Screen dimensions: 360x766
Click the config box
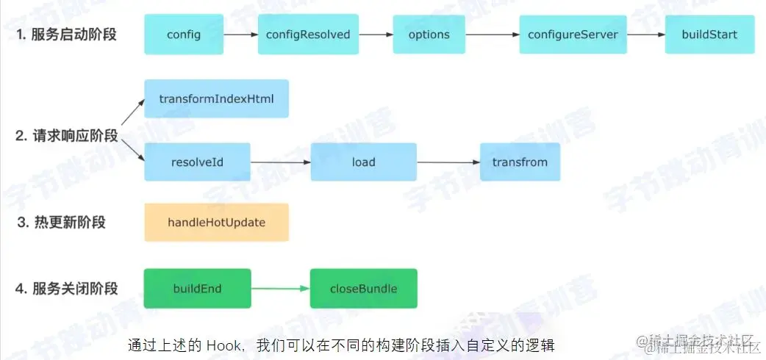184,35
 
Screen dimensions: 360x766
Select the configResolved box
308,35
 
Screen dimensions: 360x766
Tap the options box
429,35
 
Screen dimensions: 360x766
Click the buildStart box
709,35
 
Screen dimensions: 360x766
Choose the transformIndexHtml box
216,98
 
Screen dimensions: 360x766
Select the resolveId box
197,162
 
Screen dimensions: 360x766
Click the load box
363,162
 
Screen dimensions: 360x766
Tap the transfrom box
520,162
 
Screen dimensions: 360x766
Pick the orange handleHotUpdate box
216,222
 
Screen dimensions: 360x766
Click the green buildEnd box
197,288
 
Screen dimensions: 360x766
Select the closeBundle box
363,288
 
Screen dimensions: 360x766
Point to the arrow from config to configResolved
239,35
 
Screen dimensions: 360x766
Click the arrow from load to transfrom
448,162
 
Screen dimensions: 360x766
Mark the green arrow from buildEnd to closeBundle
280,288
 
